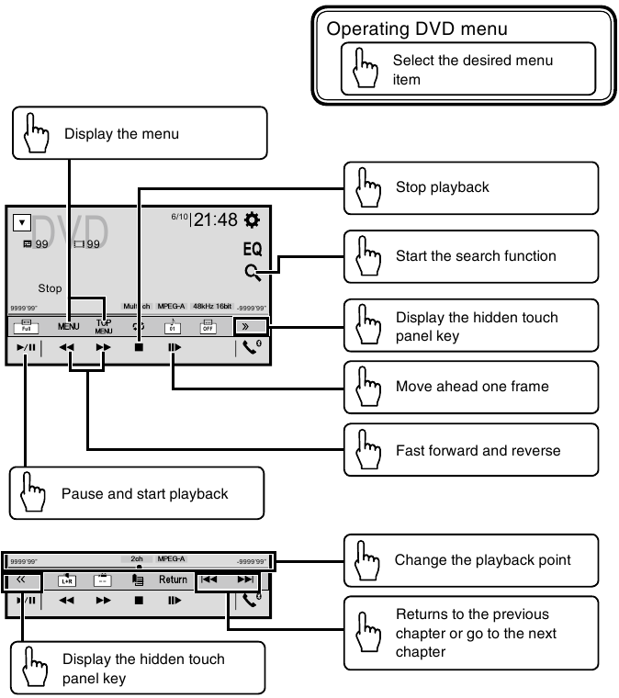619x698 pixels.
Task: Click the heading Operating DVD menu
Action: pos(417,28)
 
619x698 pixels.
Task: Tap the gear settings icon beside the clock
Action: pos(253,220)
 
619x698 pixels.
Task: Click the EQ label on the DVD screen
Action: pos(253,249)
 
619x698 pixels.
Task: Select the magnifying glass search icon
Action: pos(253,272)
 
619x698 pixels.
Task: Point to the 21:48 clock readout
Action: pos(216,220)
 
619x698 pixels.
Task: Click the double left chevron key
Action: pos(21,580)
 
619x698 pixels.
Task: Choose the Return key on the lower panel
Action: pos(173,580)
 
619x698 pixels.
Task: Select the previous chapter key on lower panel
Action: pos(209,580)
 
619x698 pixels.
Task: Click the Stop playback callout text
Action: pos(442,187)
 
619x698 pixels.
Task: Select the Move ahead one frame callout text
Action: pos(471,386)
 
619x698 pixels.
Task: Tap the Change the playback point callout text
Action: pos(482,559)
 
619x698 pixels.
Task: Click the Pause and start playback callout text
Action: pos(144,493)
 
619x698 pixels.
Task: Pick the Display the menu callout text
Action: pos(121,134)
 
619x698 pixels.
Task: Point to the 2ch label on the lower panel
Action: pos(137,558)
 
